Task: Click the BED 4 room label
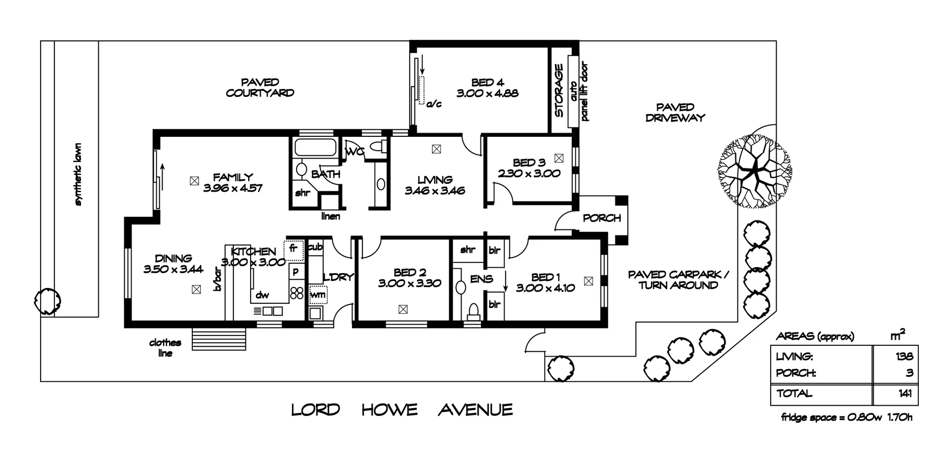487,82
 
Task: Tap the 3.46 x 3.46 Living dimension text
435,191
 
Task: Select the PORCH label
602,218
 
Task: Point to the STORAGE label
559,90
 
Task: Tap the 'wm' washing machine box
318,295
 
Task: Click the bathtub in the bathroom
315,148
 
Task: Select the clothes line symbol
218,338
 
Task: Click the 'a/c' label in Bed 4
433,104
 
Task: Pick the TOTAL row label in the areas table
794,394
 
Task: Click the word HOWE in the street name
389,410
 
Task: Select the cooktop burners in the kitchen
297,292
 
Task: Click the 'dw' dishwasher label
262,295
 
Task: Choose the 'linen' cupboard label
330,216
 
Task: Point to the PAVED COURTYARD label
260,87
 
